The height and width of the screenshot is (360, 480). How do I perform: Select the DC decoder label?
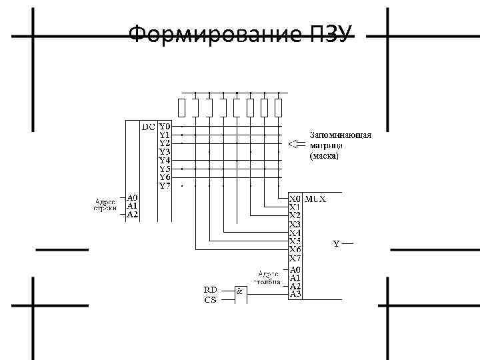click(148, 125)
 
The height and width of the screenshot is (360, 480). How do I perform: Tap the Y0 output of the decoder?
click(165, 125)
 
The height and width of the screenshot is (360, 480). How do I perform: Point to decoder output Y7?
click(165, 186)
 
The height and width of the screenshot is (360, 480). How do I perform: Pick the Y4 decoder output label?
click(165, 160)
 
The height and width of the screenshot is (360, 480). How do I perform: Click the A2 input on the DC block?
click(133, 215)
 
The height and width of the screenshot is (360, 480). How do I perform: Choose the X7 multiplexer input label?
click(295, 258)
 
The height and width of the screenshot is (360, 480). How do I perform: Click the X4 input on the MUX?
click(295, 233)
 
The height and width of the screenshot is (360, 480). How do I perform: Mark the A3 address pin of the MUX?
click(295, 293)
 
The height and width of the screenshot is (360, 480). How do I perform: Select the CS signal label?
click(210, 299)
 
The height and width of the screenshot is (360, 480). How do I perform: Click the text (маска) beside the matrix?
click(325, 157)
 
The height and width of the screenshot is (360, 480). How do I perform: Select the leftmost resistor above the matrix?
click(182, 107)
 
